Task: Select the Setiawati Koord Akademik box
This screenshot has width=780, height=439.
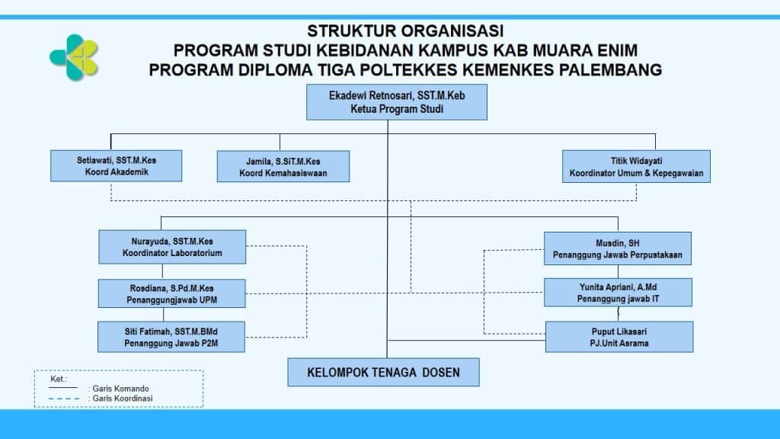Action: (117, 165)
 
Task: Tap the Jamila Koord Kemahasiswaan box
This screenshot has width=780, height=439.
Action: (283, 166)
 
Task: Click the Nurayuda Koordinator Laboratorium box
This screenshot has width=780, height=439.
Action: (172, 247)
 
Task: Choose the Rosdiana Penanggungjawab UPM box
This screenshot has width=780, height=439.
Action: (172, 294)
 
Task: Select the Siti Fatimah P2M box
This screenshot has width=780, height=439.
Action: (172, 337)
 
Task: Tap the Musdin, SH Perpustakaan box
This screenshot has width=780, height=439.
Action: (618, 248)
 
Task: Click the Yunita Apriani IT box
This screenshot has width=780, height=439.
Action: (618, 293)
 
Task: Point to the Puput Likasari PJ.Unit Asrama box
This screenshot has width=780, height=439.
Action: (619, 337)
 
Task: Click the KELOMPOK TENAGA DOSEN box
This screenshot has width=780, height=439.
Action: (384, 373)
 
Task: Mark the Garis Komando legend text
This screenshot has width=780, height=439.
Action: (118, 389)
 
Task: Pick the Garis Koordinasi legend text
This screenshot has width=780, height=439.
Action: (122, 398)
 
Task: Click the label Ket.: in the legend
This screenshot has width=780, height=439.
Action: (59, 379)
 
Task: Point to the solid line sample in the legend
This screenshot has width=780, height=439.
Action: (62, 389)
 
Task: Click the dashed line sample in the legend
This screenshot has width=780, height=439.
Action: (62, 398)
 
